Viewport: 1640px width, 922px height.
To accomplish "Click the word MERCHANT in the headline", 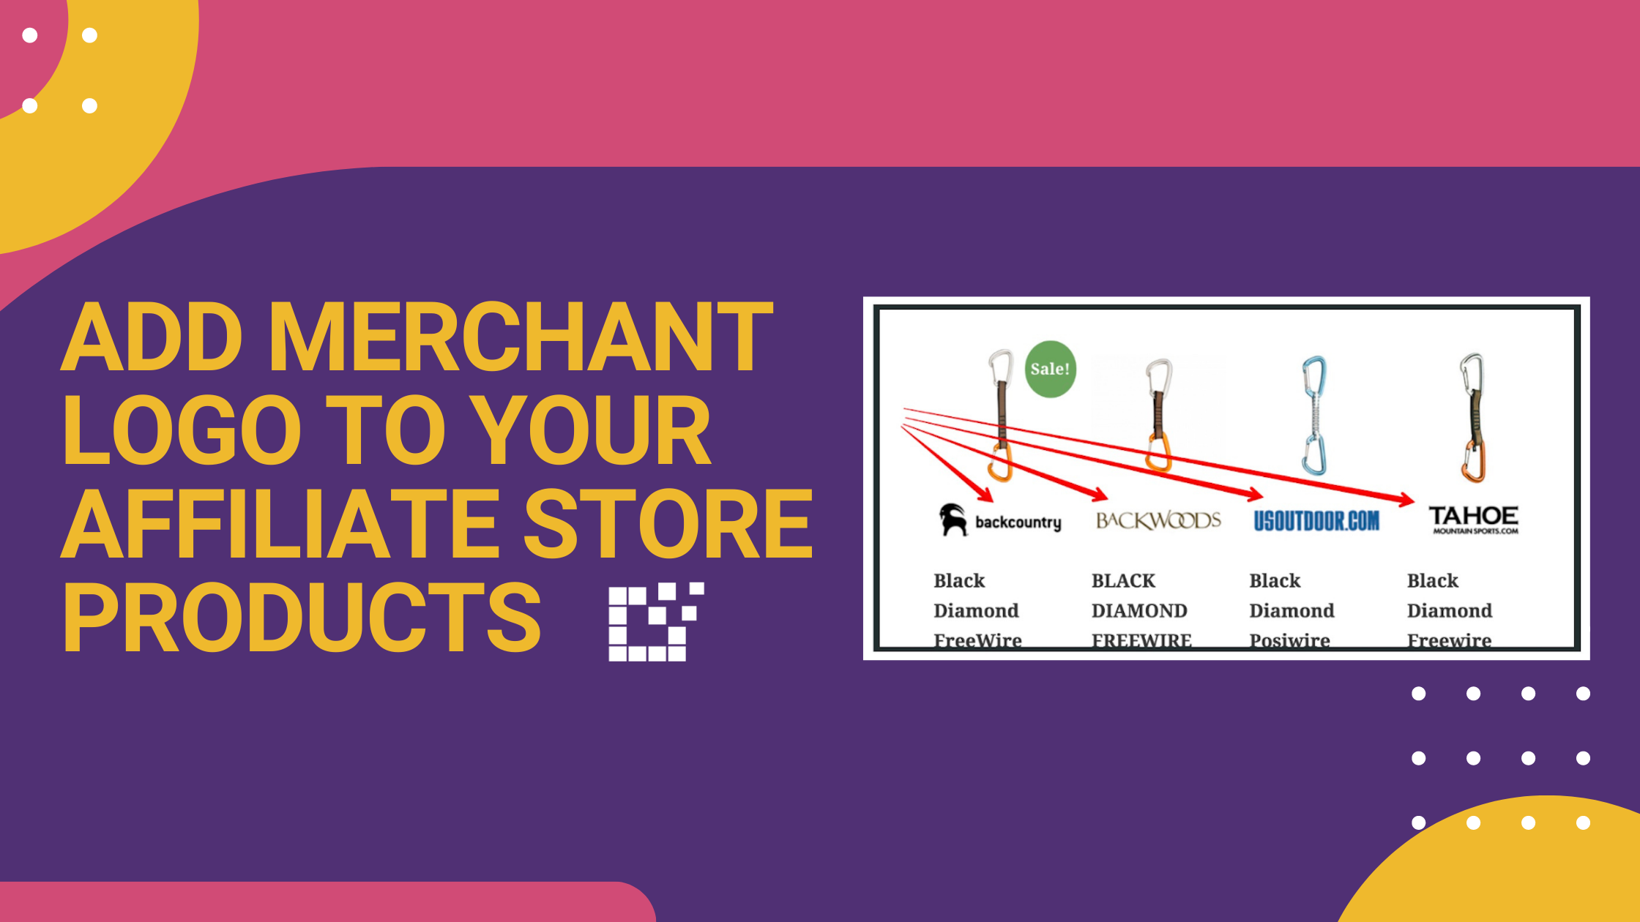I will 521,337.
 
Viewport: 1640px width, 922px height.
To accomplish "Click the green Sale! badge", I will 1050,369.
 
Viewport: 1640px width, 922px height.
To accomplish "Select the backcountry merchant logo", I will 1000,520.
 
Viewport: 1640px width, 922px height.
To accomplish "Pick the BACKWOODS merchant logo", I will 1158,520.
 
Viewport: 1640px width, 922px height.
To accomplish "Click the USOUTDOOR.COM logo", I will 1316,520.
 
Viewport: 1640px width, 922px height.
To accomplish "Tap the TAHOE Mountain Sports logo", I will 1473,519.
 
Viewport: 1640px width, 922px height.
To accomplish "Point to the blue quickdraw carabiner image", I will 1314,415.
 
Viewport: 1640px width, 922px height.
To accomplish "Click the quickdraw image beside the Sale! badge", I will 1000,415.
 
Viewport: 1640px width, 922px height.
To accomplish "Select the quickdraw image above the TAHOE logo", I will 1472,417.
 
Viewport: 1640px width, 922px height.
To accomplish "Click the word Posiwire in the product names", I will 1289,640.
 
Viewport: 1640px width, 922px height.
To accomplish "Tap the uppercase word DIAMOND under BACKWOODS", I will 1139,610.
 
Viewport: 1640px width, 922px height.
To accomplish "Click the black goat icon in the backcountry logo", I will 953,520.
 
